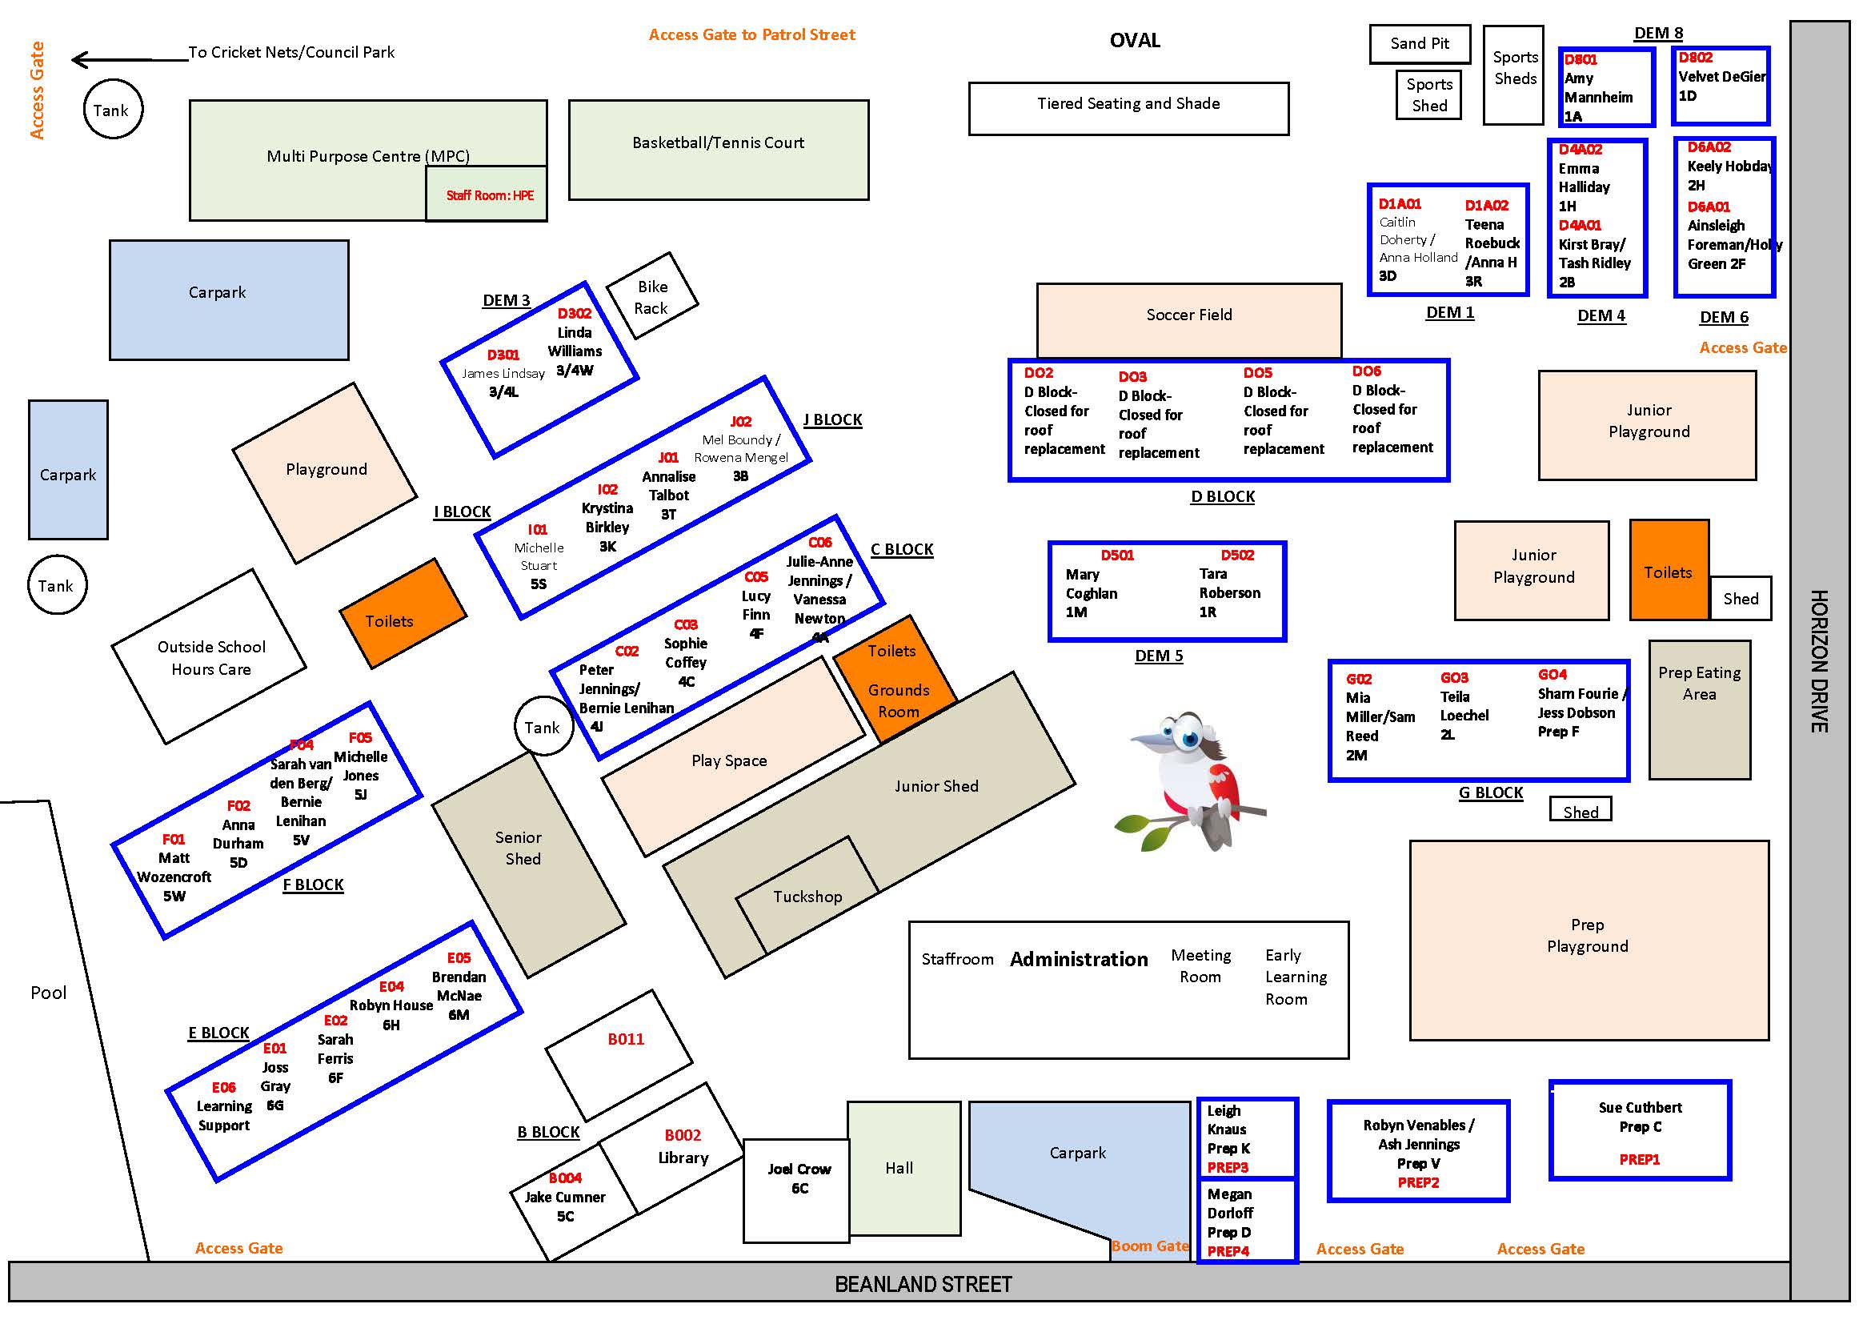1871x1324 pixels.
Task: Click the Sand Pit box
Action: pyautogui.click(x=1419, y=44)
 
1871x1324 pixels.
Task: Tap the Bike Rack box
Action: pyautogui.click(x=652, y=296)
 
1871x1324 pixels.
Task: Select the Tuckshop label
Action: pyautogui.click(x=807, y=897)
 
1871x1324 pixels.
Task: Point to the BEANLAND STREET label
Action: pyautogui.click(x=923, y=1285)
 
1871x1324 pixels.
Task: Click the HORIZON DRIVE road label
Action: pyautogui.click(x=1819, y=660)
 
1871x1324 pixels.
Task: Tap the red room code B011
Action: pyautogui.click(x=625, y=1039)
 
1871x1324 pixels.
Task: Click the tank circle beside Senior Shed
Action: pyautogui.click(x=543, y=726)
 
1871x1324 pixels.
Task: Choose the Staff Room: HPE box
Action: pyautogui.click(x=487, y=195)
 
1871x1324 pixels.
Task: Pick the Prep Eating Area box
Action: pyautogui.click(x=1699, y=709)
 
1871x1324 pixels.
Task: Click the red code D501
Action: pyautogui.click(x=1116, y=556)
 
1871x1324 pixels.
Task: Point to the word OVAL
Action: pyautogui.click(x=1134, y=41)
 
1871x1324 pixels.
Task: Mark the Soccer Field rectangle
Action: pyautogui.click(x=1188, y=319)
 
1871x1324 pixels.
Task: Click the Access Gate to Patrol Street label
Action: pyautogui.click(x=751, y=34)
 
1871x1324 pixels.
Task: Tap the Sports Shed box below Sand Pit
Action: pyautogui.click(x=1428, y=95)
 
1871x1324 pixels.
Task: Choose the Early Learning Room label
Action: pyautogui.click(x=1295, y=977)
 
